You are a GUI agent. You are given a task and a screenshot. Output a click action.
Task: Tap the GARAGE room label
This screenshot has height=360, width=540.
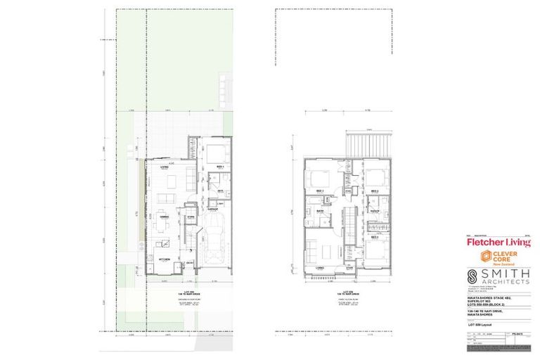pos(212,209)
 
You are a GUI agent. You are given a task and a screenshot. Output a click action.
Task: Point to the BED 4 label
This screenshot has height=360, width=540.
pos(375,237)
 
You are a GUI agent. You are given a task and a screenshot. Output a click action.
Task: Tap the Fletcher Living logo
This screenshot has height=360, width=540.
pos(499,243)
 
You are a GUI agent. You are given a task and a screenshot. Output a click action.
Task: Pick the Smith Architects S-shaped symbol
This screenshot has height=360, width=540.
pos(476,275)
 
